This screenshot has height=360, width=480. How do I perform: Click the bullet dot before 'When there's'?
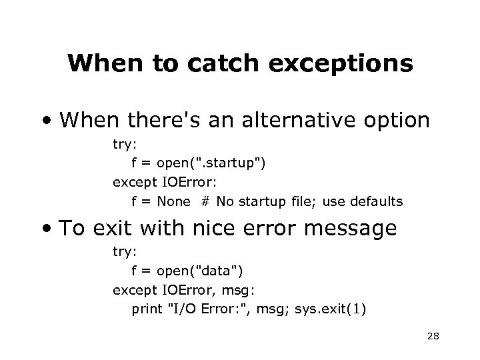tap(47, 120)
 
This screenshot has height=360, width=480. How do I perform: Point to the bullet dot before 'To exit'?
tap(47, 229)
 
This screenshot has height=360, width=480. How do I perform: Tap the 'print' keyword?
tap(147, 310)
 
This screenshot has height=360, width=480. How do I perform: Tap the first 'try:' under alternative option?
tap(124, 143)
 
